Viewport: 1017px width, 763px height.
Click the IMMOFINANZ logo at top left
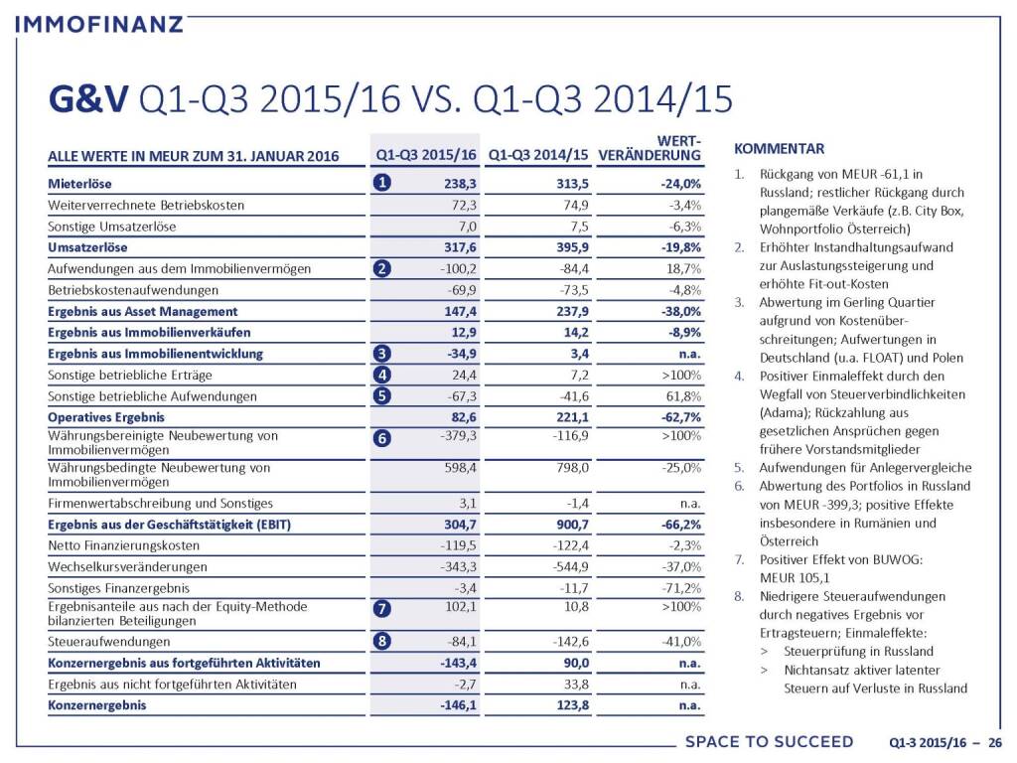click(x=100, y=22)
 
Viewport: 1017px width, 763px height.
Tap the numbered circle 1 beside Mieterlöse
click(x=382, y=183)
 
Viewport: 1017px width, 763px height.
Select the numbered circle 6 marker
click(x=382, y=438)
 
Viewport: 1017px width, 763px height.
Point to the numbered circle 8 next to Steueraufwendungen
click(x=382, y=640)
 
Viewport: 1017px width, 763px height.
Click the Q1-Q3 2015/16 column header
click(x=425, y=155)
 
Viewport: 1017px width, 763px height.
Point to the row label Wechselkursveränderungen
click(x=127, y=566)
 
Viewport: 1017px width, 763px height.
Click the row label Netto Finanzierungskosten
click(x=124, y=545)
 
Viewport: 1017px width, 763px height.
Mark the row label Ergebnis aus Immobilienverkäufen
click(x=149, y=332)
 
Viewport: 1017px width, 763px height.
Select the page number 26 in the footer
click(x=994, y=742)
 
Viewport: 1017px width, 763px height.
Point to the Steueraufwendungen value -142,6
click(x=568, y=641)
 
